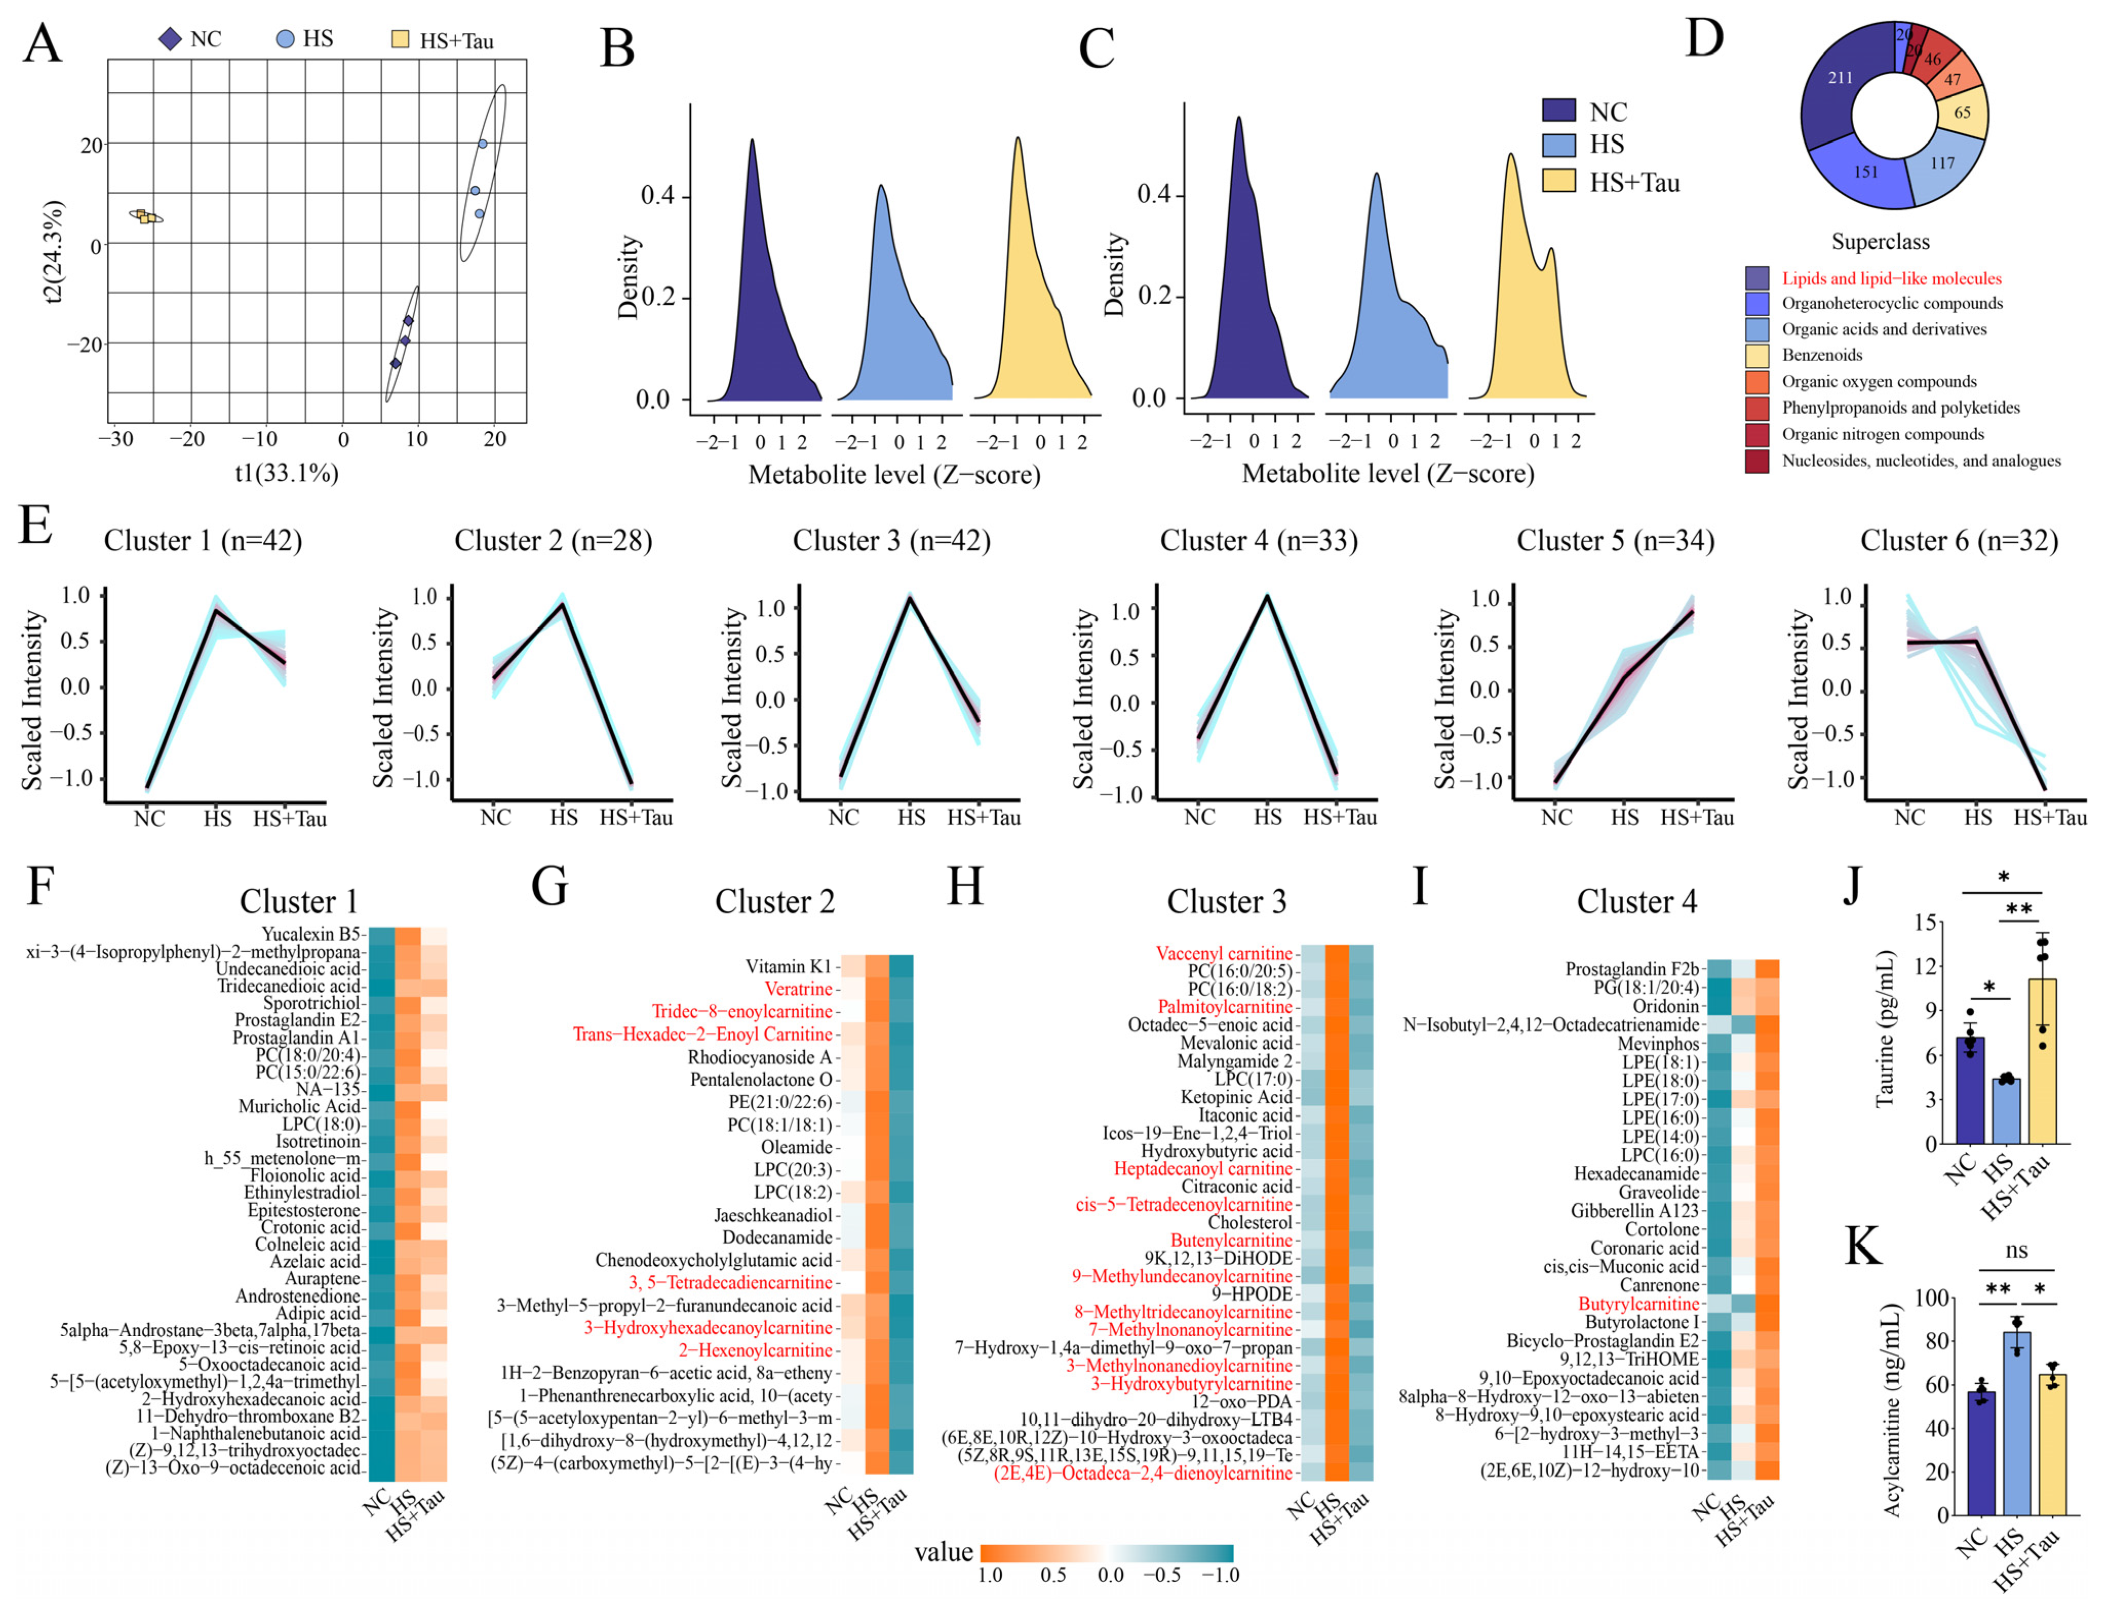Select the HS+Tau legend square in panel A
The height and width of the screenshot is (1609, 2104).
coord(400,40)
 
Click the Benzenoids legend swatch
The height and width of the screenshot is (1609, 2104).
coord(1757,356)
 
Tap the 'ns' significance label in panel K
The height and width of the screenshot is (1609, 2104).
coord(2016,1251)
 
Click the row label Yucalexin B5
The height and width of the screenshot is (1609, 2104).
coord(311,934)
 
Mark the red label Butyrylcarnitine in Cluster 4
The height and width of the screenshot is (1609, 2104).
coord(1638,1304)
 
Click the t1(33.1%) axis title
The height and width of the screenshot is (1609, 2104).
coord(287,472)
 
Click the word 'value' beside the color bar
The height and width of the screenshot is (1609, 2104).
coord(943,1552)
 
